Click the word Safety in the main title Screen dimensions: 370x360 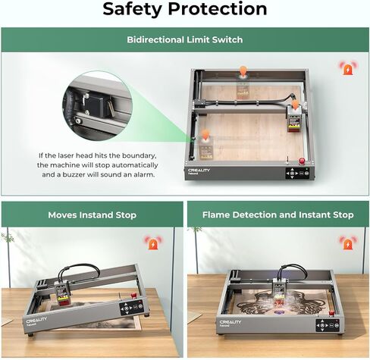tap(132, 9)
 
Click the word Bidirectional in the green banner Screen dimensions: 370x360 tap(155, 39)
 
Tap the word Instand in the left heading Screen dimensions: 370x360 tap(96, 215)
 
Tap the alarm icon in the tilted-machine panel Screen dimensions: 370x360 tap(153, 243)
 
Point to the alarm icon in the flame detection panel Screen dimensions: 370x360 tap(348, 243)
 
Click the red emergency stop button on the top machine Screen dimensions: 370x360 tap(302, 161)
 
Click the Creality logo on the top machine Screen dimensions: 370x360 tap(199, 171)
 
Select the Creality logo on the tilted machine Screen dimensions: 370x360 tap(36, 320)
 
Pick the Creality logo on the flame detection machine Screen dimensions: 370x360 tap(230, 322)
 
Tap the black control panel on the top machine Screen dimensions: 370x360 tap(298, 174)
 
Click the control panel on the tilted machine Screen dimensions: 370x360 tap(131, 308)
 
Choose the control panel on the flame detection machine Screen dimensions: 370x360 tap(328, 326)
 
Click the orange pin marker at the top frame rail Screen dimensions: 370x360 tap(243, 71)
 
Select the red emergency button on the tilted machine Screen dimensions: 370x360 tap(133, 295)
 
